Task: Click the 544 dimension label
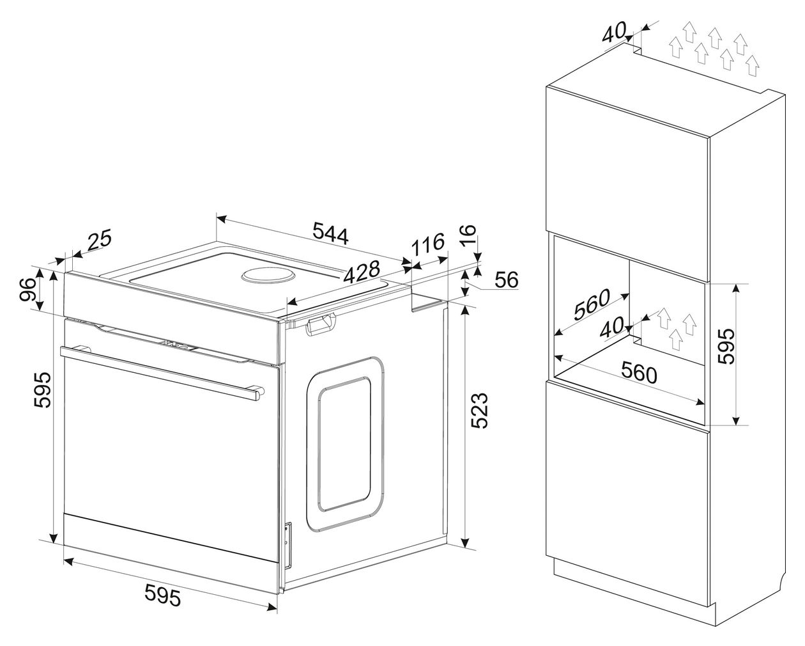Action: click(330, 233)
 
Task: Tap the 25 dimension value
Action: click(99, 240)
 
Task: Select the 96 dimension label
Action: click(28, 290)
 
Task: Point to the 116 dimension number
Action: click(428, 244)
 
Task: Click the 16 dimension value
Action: click(468, 235)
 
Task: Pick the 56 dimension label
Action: click(507, 280)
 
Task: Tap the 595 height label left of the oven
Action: click(42, 390)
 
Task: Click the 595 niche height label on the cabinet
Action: click(726, 347)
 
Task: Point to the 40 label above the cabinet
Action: click(614, 32)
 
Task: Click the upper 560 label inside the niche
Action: click(592, 304)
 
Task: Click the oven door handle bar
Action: click(162, 372)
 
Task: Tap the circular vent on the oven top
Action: click(268, 277)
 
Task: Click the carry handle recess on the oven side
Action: click(320, 325)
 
